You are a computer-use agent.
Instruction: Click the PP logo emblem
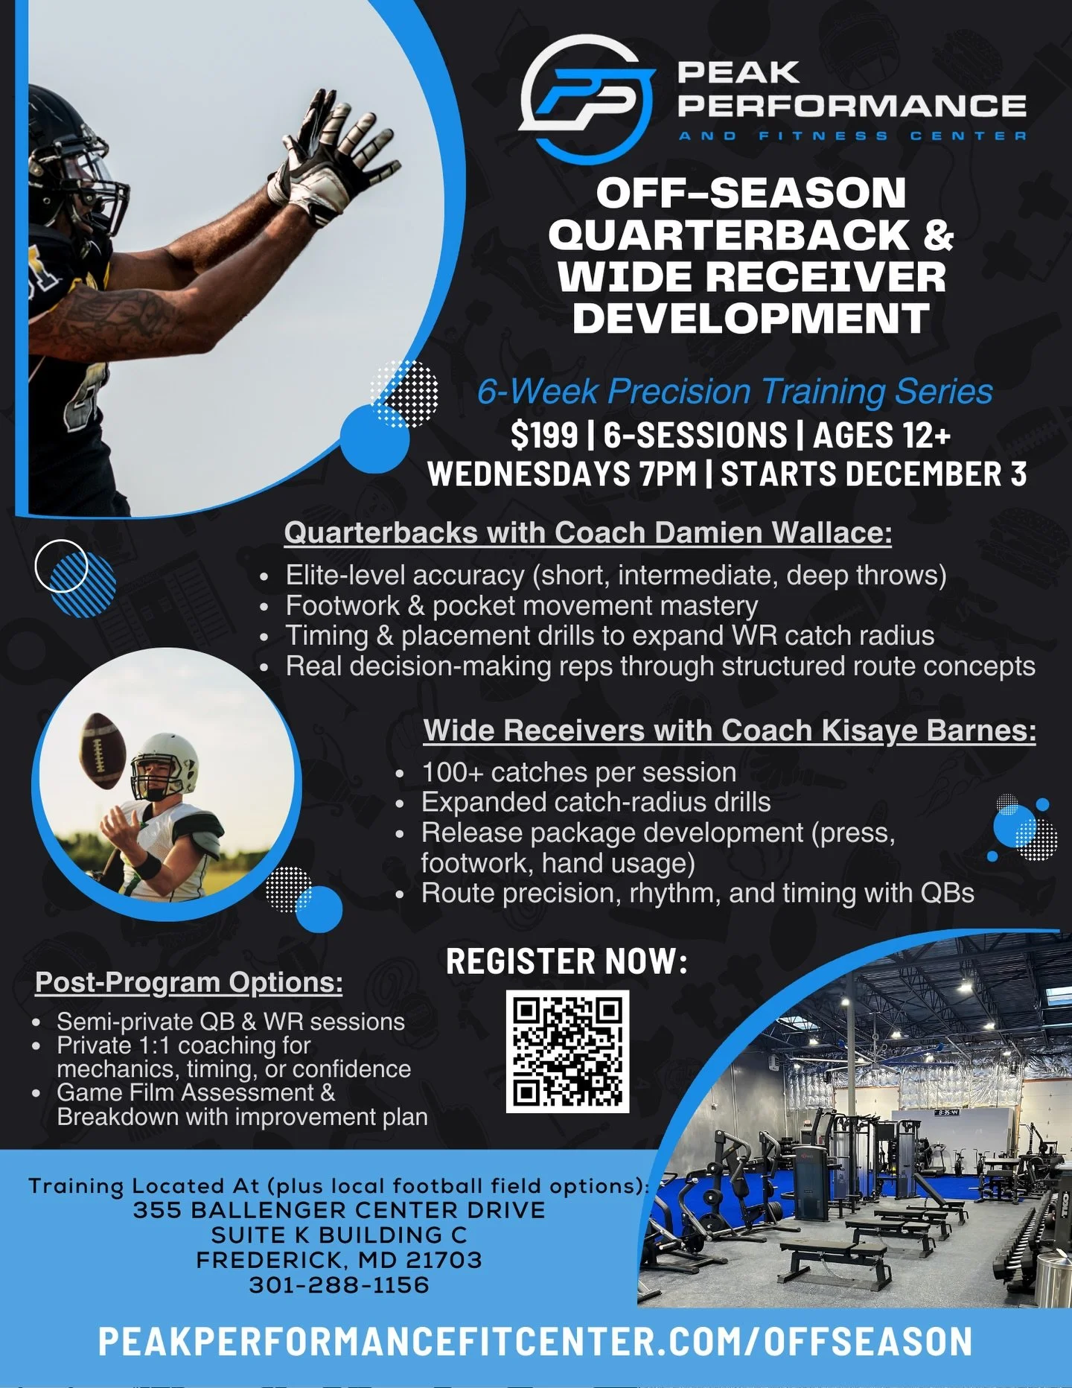tap(587, 99)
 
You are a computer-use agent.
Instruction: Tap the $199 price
tap(544, 436)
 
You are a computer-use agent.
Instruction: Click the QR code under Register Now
tap(567, 1051)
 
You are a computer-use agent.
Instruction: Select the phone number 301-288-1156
tap(339, 1285)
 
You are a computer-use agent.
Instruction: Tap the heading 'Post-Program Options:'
tap(189, 982)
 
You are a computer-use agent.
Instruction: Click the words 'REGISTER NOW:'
tap(567, 961)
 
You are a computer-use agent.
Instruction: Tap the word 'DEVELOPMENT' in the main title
tap(751, 318)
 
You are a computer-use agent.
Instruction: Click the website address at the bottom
tap(535, 1342)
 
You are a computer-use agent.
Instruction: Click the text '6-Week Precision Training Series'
tap(735, 392)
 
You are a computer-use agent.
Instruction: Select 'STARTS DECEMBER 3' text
tap(874, 474)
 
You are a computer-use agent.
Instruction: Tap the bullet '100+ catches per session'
tap(578, 772)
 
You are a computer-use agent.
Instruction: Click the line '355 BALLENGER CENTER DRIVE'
tap(339, 1210)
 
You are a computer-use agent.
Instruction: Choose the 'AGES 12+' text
tap(881, 436)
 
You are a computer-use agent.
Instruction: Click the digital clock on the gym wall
tap(947, 1112)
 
